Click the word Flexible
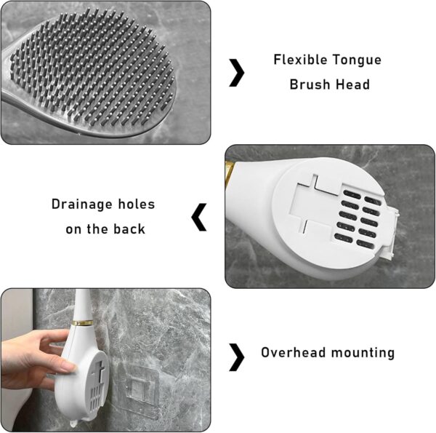point(301,60)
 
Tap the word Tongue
point(358,60)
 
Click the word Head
point(352,84)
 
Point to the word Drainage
point(82,205)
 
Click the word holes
point(137,204)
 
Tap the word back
point(129,229)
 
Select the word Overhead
point(294,352)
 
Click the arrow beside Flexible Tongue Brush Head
point(238,73)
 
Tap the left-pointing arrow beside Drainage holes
point(198,217)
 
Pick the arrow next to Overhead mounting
point(238,357)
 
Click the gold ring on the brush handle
point(83,323)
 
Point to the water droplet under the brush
point(73,424)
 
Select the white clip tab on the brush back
point(389,234)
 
